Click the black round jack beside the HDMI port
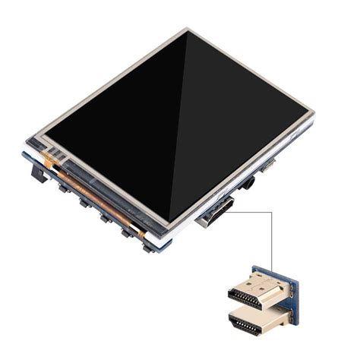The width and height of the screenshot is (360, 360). click(x=246, y=184)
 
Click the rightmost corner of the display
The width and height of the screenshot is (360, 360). click(x=314, y=115)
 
